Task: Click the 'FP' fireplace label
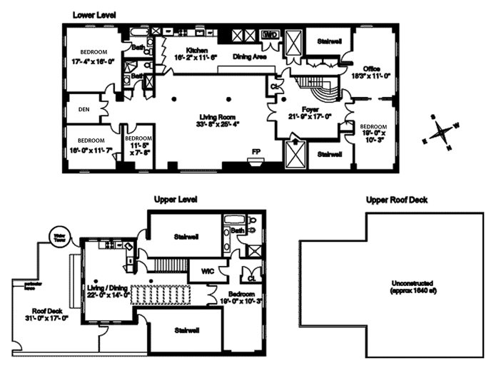point(256,151)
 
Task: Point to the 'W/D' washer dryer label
point(270,34)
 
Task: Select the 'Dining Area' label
point(251,56)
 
